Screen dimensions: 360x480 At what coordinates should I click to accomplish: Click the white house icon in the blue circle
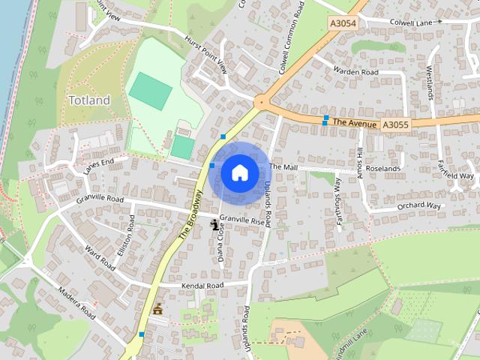pos(239,172)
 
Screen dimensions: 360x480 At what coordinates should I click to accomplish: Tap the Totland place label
pos(89,100)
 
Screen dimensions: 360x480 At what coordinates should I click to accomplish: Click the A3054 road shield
pos(343,25)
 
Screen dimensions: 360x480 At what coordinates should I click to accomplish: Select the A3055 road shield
pos(394,124)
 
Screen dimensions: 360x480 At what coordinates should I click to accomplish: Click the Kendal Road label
pos(202,286)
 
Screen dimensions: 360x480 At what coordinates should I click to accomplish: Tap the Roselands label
pos(383,169)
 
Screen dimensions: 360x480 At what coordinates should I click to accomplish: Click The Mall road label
pos(283,166)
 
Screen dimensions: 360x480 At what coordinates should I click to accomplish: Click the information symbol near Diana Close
pos(216,223)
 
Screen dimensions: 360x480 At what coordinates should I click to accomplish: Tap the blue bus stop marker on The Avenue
pos(325,119)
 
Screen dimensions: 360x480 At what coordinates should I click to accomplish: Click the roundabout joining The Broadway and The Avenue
pos(262,100)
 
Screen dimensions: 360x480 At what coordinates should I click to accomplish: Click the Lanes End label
pos(98,165)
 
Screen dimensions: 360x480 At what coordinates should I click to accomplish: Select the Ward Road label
pos(99,257)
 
